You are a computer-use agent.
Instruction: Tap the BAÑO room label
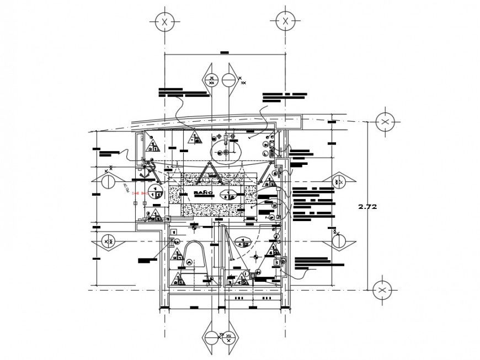203,193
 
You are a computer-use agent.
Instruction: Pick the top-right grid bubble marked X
285,21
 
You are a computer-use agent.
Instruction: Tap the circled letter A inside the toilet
189,263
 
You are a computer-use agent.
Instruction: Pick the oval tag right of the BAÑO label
228,194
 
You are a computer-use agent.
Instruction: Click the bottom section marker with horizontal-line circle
211,337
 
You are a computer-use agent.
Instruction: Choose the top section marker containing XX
211,79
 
